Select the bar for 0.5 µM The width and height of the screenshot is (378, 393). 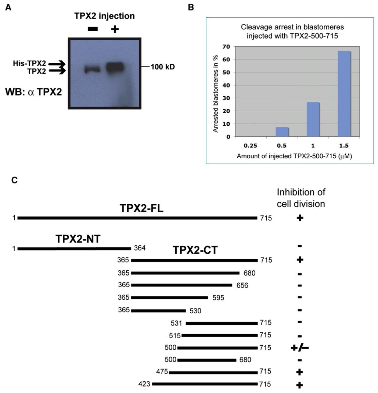[282, 132]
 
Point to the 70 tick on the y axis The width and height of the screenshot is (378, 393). [226, 47]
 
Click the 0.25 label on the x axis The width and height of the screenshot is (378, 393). [251, 146]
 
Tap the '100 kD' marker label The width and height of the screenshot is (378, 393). [163, 67]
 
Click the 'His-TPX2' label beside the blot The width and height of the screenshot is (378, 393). [29, 64]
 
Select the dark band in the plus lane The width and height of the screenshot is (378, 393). [115, 67]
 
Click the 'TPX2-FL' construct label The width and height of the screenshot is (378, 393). [142, 208]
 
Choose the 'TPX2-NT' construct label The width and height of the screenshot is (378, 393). [78, 239]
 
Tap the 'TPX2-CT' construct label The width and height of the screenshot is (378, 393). [195, 250]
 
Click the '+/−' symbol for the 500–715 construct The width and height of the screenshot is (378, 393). [300, 348]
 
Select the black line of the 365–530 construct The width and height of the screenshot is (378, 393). [158, 310]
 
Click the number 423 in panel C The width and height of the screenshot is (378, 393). [144, 384]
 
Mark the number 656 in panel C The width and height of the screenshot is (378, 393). [242, 286]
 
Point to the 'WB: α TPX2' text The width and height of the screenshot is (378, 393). [33, 92]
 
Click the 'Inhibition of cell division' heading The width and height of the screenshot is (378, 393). [301, 198]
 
